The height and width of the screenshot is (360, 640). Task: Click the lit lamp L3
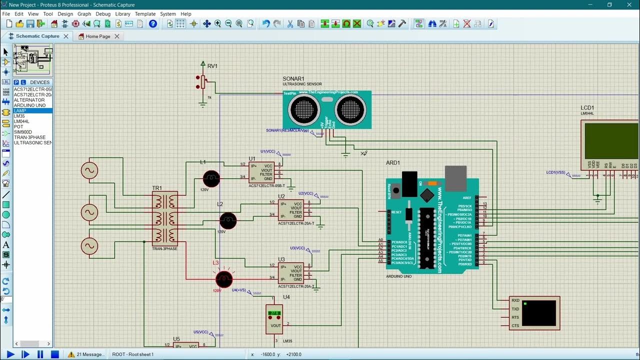point(224,279)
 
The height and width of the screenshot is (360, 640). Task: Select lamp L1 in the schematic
point(211,178)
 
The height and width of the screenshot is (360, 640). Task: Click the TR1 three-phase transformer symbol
point(165,218)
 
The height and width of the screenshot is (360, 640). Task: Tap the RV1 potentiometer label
point(212,66)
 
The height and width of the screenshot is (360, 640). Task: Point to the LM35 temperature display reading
point(274,313)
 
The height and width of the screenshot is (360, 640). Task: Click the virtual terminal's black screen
point(538,312)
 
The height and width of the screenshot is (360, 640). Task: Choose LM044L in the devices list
point(21,121)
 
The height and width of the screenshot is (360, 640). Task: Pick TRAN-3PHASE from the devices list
point(29,137)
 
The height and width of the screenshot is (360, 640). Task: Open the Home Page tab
point(98,36)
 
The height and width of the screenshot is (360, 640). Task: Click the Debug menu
point(103,14)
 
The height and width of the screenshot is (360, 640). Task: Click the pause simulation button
point(40,354)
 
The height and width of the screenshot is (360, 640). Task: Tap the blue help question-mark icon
point(153,23)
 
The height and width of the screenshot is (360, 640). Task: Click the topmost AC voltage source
point(90,170)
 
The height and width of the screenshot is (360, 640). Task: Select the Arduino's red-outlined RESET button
point(395,190)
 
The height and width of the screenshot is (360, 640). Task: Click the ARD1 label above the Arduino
point(393,163)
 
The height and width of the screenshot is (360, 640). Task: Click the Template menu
point(145,14)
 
